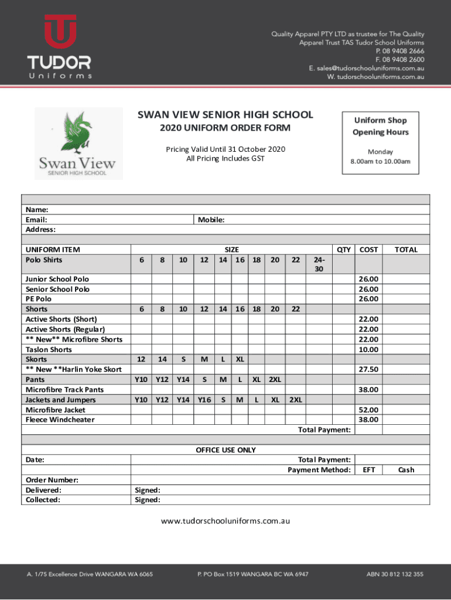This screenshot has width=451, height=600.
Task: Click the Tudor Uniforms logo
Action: [x=59, y=47]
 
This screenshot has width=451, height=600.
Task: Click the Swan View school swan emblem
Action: [x=78, y=133]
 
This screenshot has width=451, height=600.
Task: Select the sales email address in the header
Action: [x=367, y=68]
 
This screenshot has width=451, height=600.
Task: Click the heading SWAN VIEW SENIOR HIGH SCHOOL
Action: [x=225, y=115]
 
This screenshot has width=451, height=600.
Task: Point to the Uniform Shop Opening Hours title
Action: [x=380, y=126]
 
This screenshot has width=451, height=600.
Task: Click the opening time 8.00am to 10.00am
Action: [x=380, y=162]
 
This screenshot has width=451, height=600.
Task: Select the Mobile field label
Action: [x=211, y=220]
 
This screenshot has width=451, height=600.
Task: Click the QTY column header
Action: [x=344, y=250]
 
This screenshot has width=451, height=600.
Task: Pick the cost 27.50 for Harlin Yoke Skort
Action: [x=369, y=369]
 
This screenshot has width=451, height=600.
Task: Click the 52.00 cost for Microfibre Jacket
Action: [x=369, y=410]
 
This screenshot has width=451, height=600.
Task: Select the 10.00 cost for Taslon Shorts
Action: [x=369, y=349]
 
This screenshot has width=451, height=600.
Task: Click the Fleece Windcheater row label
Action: [x=60, y=420]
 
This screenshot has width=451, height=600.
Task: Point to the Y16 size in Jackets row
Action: [x=204, y=400]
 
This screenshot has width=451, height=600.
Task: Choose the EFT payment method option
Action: [x=369, y=469]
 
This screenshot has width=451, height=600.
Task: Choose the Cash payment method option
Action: [x=406, y=469]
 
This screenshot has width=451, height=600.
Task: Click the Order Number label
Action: [x=52, y=480]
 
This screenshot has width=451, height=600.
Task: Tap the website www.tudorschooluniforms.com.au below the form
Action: [x=225, y=520]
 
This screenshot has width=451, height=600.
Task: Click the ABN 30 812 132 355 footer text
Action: [x=395, y=574]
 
